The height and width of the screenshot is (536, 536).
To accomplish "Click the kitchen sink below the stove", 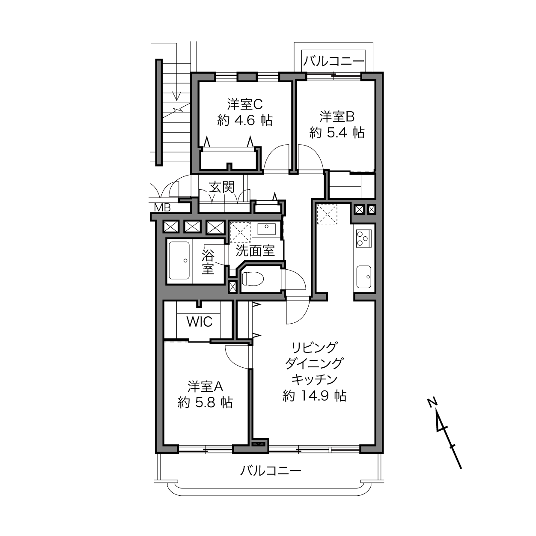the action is (364, 277).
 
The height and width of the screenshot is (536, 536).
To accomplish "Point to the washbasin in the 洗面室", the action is (266, 229).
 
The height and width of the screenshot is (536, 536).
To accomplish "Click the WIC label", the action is (200, 322).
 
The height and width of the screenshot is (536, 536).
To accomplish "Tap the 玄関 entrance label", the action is (222, 187).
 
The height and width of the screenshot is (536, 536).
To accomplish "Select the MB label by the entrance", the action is (162, 208).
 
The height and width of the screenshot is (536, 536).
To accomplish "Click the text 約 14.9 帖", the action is (314, 396).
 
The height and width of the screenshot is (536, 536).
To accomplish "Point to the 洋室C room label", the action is (245, 104).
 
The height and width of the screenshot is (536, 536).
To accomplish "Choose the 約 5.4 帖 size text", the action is (337, 133).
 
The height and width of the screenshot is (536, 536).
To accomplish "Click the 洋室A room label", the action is (205, 387).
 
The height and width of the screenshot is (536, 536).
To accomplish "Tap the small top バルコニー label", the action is (334, 61).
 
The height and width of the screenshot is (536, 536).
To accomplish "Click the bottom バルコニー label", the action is (271, 471).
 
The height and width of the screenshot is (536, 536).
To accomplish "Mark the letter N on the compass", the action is (432, 403).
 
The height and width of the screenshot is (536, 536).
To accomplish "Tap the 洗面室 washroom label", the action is (255, 250).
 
